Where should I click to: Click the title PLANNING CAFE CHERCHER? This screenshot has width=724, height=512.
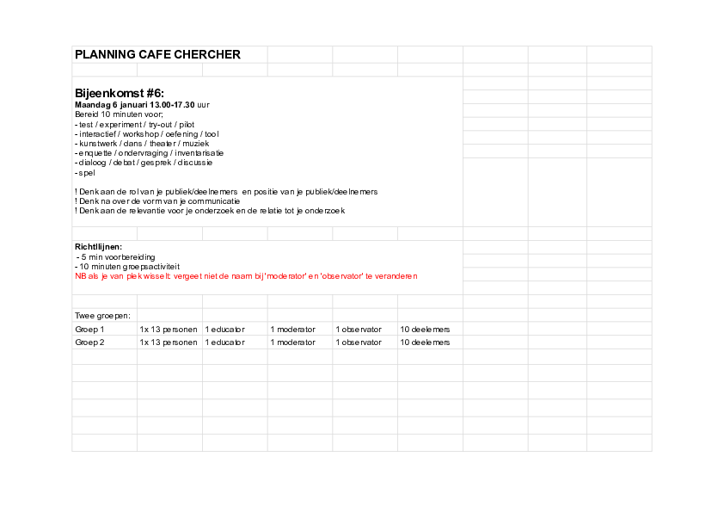pos(157,54)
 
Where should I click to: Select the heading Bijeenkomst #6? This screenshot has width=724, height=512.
pos(120,93)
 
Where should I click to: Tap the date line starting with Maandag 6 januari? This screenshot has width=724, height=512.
pos(142,104)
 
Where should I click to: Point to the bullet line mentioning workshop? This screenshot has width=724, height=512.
pos(146,133)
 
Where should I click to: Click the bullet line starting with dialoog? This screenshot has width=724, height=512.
pos(143,162)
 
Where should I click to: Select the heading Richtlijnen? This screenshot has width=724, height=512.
pos(98,247)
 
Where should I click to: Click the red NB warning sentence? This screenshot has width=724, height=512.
pos(246,276)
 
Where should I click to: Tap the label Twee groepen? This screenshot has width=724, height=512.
pos(102,316)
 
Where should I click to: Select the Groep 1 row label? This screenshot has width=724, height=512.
pos(89,330)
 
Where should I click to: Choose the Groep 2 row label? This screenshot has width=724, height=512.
pos(89,342)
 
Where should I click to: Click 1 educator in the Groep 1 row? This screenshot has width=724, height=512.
pos(225,330)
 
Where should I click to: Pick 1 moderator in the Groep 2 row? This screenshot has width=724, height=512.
pos(292,342)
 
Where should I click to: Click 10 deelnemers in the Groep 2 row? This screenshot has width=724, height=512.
pos(425,342)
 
